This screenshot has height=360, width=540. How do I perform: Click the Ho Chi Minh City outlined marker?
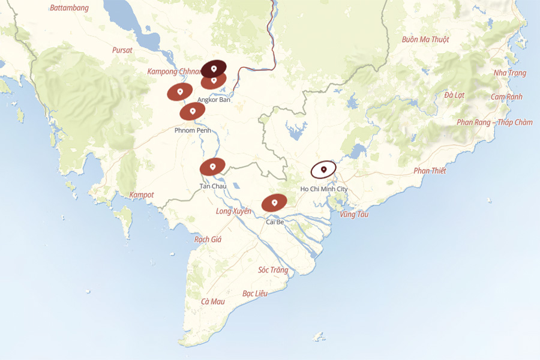323,170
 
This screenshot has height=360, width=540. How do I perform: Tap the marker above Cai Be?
274,203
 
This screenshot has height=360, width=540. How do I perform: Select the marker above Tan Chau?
212,167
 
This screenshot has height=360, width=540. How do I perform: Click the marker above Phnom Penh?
193,112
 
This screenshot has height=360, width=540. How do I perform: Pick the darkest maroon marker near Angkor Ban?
214,68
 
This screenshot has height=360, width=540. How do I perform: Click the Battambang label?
69,8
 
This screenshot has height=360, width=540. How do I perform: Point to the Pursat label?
122,50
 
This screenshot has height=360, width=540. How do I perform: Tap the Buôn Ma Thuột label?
425,40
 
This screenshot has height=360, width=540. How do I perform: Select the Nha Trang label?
509,73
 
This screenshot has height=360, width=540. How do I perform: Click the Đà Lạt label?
454,95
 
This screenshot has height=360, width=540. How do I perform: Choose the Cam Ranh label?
506,97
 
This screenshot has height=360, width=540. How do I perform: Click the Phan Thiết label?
430,171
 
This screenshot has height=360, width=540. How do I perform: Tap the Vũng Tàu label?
354,214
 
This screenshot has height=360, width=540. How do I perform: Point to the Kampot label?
142,195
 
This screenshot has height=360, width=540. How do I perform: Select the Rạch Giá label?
208,239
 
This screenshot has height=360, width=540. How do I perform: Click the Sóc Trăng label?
273,270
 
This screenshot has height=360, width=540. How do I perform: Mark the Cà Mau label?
213,301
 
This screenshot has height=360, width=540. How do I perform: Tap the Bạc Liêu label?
254,293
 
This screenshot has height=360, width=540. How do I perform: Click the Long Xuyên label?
233,211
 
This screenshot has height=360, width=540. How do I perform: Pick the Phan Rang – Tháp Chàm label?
494,122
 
